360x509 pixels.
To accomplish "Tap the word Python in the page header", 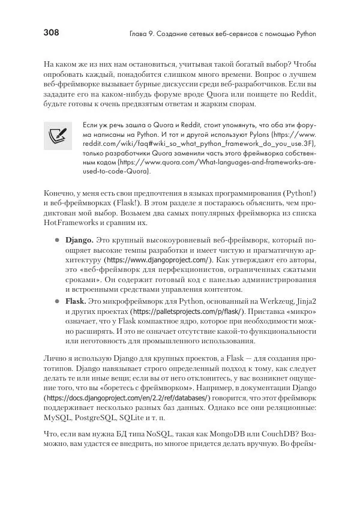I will [304, 34].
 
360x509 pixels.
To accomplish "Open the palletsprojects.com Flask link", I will [187, 313].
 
